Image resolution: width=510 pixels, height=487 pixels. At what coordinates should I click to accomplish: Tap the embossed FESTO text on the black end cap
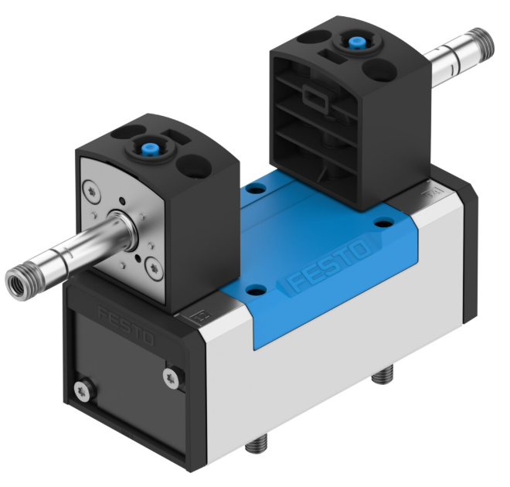click(126, 325)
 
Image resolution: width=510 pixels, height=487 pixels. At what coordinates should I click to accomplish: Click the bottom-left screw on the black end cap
click(81, 390)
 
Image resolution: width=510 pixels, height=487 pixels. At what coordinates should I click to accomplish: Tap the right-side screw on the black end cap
click(171, 378)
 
